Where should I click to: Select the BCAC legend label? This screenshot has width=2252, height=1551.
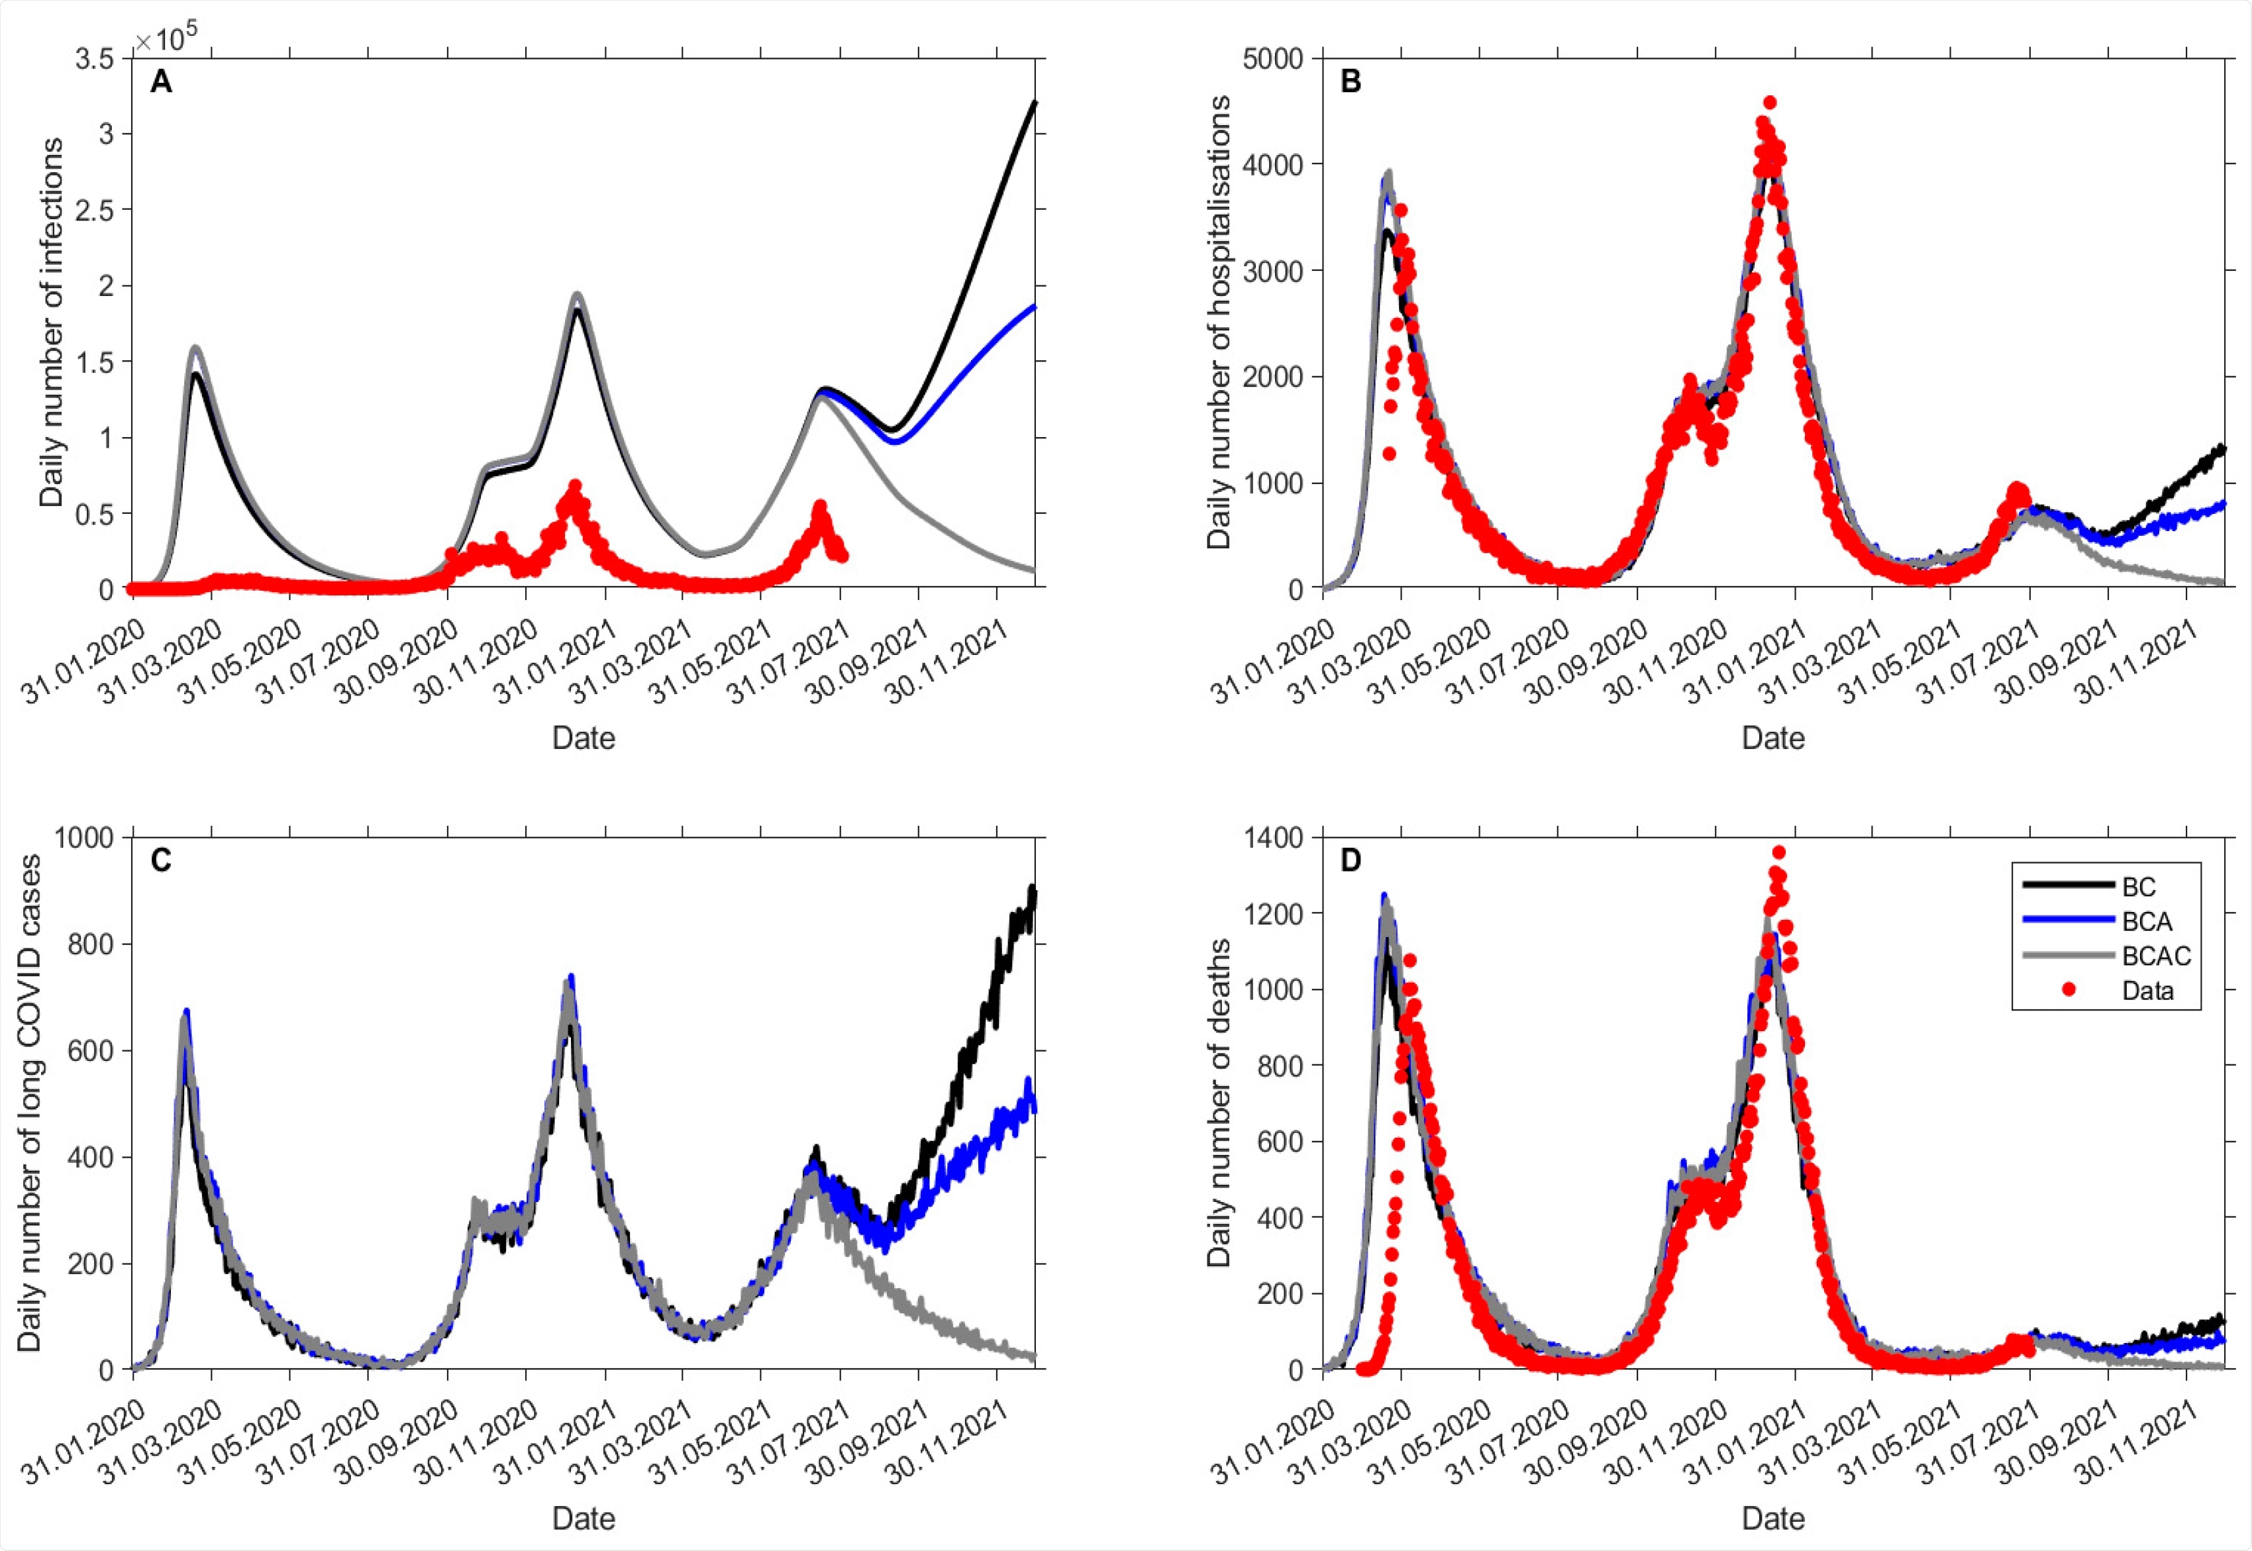point(2156,956)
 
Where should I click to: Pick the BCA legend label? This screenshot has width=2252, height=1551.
point(2145,921)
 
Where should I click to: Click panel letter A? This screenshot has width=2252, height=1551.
point(162,83)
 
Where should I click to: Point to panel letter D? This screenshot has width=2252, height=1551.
point(1351,861)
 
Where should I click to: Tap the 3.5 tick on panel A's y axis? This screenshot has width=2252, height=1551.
point(93,60)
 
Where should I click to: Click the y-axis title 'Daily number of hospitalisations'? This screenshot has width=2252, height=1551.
point(1219,322)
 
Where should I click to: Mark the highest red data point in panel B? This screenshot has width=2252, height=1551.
point(1769,102)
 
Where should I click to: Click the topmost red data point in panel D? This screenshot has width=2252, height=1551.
point(1778,852)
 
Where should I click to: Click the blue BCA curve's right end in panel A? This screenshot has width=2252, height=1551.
point(1034,306)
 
